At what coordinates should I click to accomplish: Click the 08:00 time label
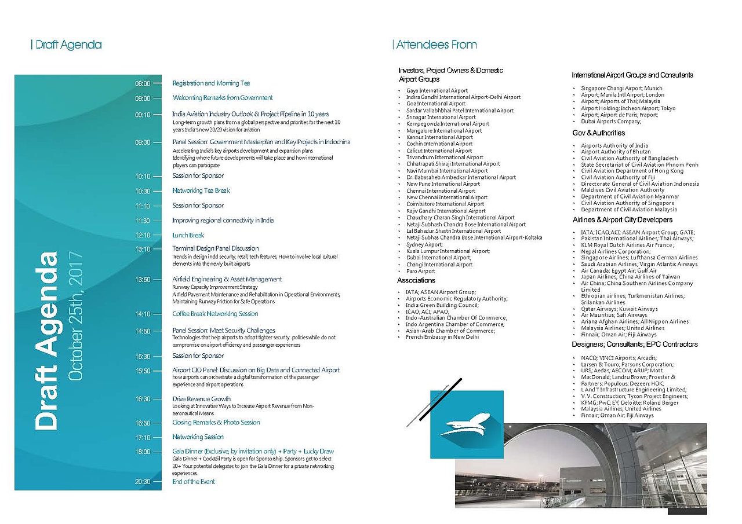tap(143, 83)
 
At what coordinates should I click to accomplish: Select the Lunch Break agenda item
tap(188, 235)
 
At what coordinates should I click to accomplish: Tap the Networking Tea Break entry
tap(201, 190)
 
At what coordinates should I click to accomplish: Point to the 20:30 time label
tap(143, 482)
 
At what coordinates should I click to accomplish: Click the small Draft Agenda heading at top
tap(68, 45)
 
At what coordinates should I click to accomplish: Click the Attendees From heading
tap(436, 45)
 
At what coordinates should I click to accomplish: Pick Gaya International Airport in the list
tap(437, 91)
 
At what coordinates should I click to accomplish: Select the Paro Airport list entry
tap(420, 271)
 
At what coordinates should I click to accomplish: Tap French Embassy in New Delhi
tap(442, 337)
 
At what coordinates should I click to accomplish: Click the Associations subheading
tap(416, 280)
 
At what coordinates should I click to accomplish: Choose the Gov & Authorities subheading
tap(598, 133)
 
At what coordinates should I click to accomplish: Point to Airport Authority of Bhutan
tap(616, 152)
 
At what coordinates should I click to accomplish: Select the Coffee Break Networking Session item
tap(215, 314)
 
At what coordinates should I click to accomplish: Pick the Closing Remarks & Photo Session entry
tap(216, 423)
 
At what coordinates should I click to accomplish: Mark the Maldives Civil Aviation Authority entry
tap(623, 190)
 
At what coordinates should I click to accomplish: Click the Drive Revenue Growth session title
tap(201, 399)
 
